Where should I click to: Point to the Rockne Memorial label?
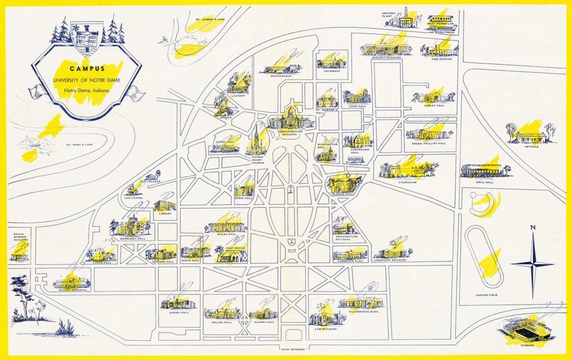pos(72,290)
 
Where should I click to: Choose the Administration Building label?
pos(287,133)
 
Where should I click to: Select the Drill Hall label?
pos(486,182)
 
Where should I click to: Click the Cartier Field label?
pos(486,295)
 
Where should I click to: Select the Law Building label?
pos(324,328)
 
